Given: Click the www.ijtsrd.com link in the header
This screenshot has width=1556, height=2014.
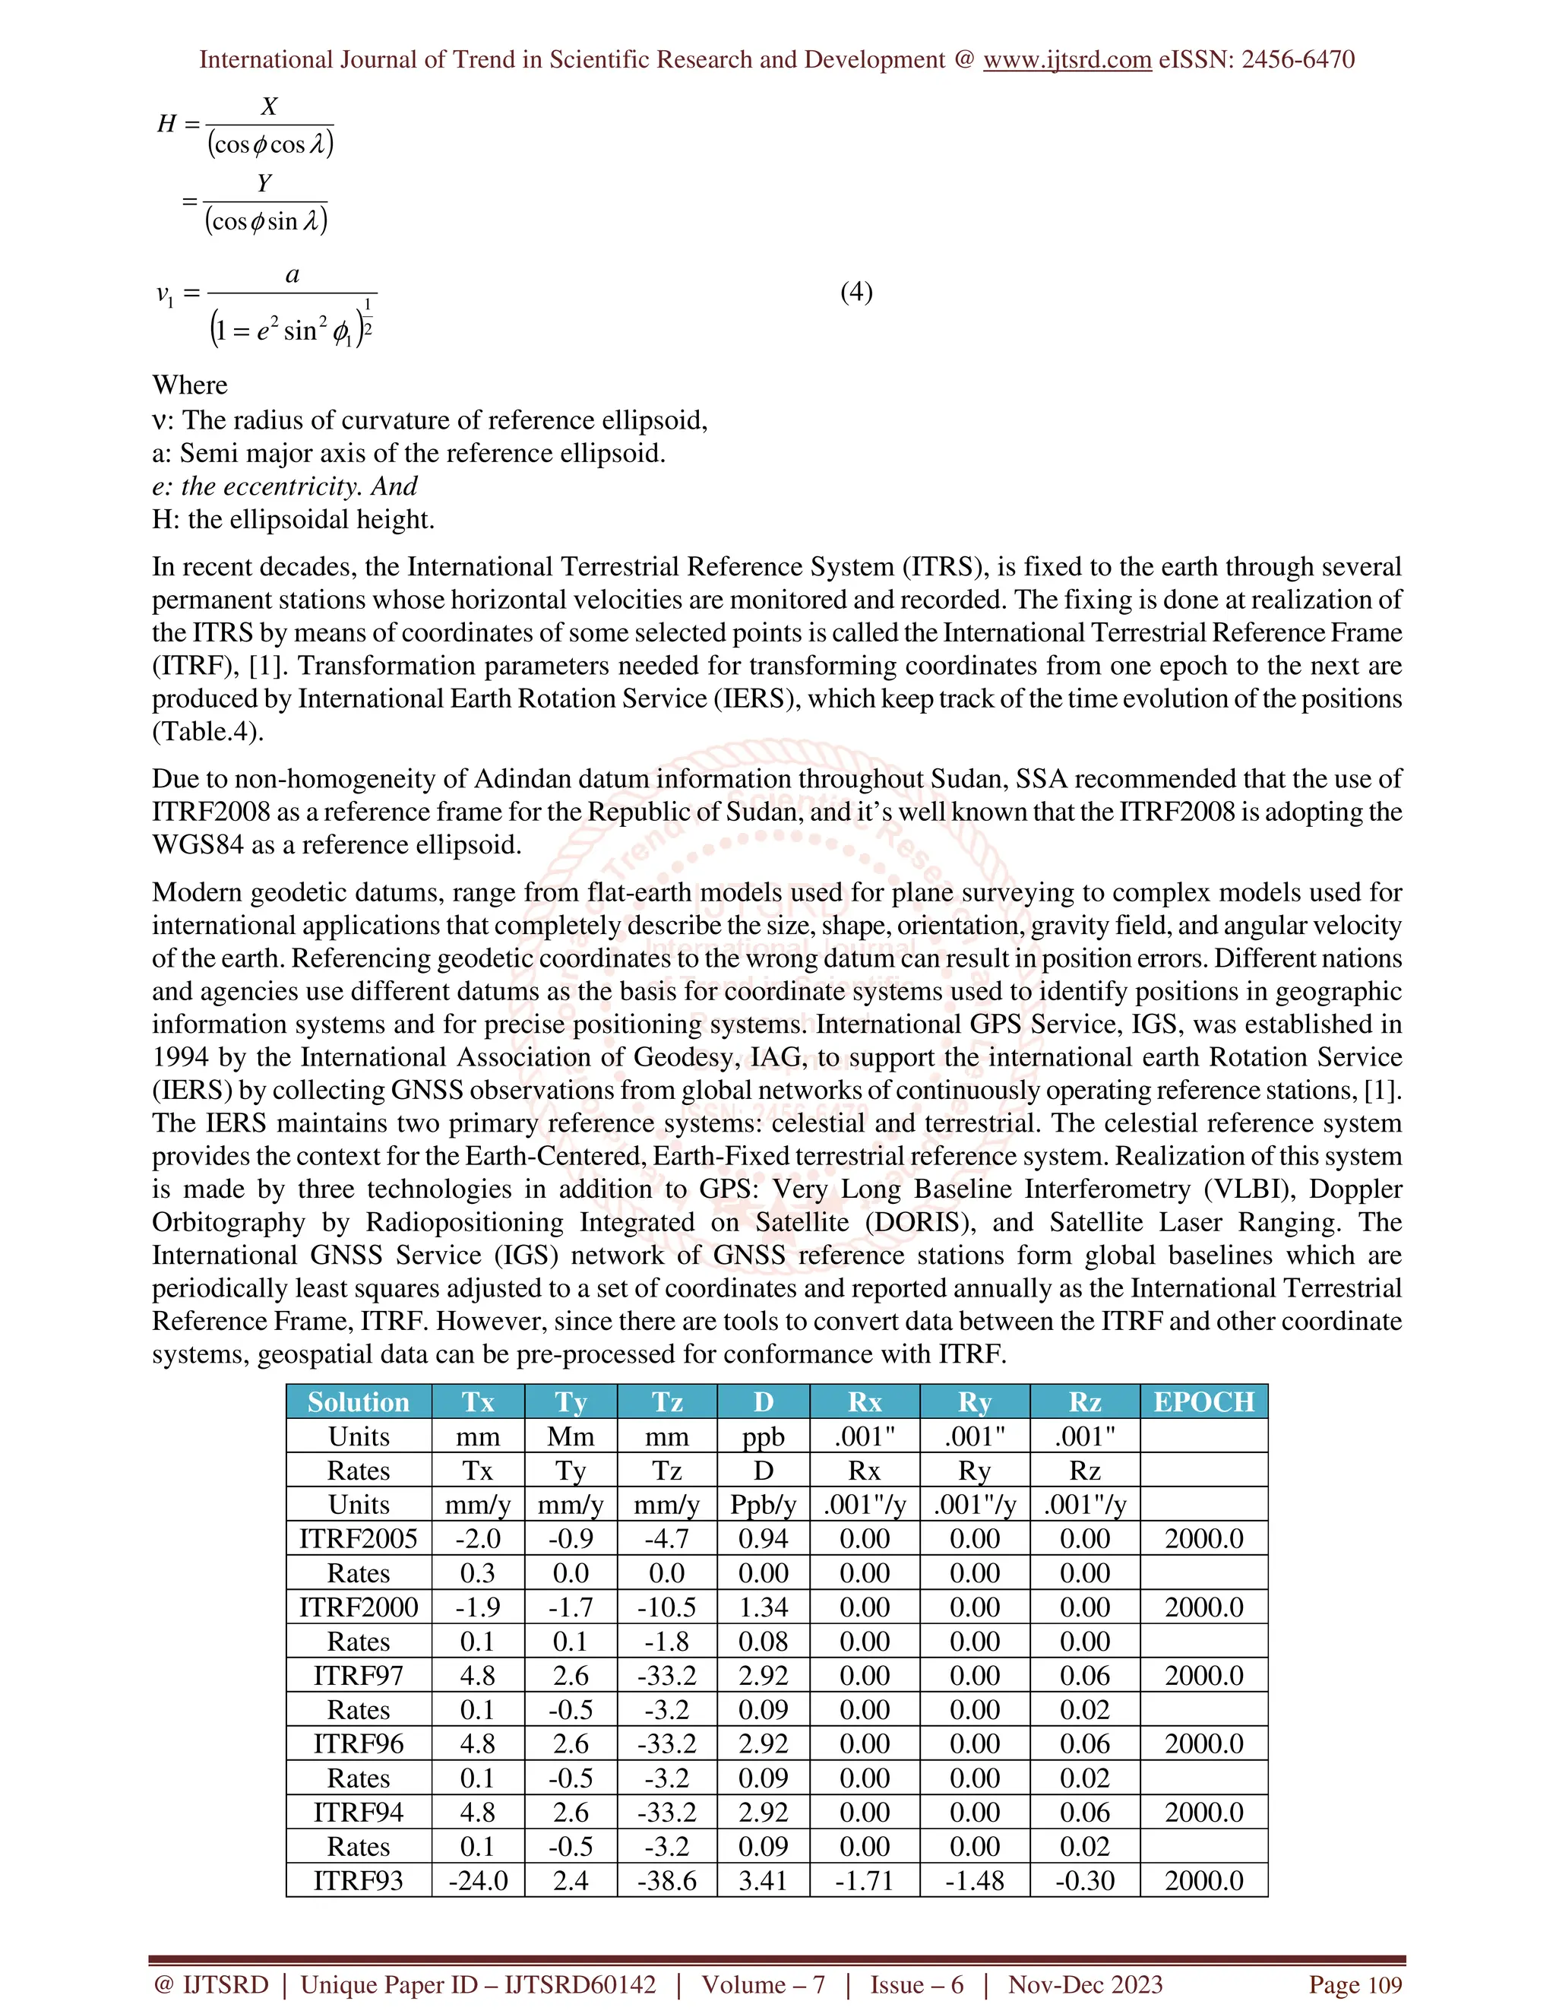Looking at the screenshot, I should click(1067, 60).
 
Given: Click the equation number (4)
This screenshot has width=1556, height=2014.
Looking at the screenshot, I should click(856, 293).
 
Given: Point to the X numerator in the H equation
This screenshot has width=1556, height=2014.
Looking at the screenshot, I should click(269, 106).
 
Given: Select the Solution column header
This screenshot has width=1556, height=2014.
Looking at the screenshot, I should click(358, 1401).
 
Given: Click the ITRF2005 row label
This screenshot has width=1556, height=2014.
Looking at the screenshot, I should click(358, 1538).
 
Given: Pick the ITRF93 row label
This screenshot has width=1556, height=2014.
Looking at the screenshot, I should click(358, 1880).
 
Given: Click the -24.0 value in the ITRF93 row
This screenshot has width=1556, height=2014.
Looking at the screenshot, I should click(477, 1880).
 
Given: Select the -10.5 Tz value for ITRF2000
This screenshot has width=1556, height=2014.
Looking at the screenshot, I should click(666, 1607).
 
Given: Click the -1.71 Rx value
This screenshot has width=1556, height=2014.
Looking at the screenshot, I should click(864, 1880).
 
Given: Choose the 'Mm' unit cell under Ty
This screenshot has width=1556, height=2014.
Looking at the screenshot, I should click(571, 1436).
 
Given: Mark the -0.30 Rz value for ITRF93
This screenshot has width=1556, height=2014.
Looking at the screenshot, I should click(1084, 1880).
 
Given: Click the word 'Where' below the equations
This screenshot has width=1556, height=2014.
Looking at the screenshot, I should click(190, 385).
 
